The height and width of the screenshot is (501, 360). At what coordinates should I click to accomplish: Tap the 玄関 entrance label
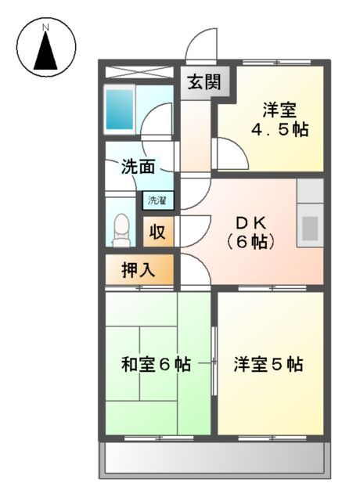pos(203,81)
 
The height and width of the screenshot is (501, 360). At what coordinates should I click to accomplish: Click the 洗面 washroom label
pos(137,167)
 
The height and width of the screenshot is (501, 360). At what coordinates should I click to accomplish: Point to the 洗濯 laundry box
pos(157,200)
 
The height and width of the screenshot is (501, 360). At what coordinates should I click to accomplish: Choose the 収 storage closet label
pos(157,232)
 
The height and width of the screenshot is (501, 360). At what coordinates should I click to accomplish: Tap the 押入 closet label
pos(139,270)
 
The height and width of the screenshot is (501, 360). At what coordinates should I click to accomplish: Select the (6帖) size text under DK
pos(251,243)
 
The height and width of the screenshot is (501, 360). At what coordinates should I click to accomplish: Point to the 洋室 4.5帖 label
pos(279,120)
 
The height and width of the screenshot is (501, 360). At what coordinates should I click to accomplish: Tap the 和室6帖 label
pos(157,365)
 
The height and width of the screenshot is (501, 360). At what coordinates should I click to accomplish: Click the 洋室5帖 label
pos(268,365)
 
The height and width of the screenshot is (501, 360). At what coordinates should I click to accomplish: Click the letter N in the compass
pos(45,28)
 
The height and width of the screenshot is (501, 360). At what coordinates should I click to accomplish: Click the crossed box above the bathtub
pos(138,72)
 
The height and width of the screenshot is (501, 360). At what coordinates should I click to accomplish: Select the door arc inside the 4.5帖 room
pos(233,150)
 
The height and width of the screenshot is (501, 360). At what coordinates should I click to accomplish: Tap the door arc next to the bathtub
pos(161,119)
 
